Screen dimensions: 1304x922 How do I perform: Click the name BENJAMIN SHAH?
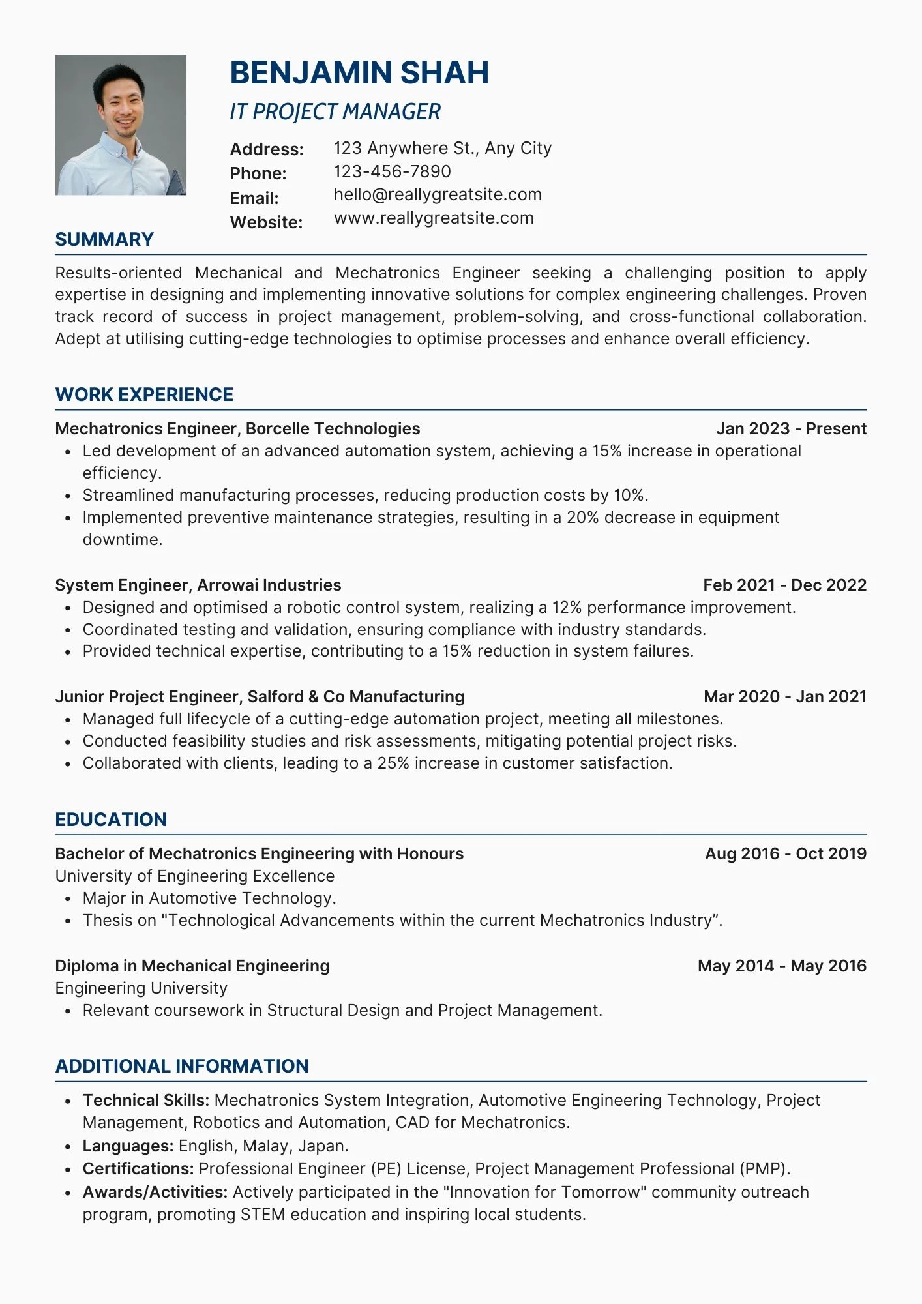(359, 72)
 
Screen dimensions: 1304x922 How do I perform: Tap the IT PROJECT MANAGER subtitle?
(335, 112)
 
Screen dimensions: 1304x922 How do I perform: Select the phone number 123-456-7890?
(392, 171)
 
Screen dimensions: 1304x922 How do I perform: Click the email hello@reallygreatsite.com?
(438, 194)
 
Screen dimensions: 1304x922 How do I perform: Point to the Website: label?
(266, 222)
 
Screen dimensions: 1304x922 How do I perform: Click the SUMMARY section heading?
(104, 239)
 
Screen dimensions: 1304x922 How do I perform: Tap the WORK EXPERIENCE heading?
(144, 394)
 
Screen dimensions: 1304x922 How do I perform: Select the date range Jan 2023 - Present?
(791, 428)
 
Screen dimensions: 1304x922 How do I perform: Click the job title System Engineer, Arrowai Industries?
(198, 585)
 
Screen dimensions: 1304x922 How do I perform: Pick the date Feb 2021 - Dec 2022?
(784, 585)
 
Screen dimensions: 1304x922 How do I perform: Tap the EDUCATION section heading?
(111, 820)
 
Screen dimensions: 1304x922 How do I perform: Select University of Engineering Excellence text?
(194, 876)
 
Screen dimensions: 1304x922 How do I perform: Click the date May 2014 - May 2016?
(781, 966)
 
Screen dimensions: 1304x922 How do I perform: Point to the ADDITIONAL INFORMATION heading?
(182, 1066)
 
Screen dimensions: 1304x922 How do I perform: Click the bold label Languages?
(128, 1146)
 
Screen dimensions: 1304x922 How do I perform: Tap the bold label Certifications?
(138, 1168)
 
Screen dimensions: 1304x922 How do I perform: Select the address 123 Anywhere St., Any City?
(442, 148)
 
